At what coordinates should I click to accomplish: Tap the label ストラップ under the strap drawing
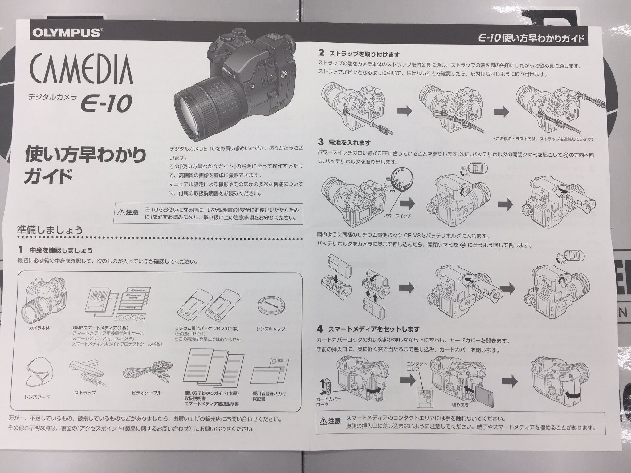tap(85, 393)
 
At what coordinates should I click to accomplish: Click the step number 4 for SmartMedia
tap(320, 329)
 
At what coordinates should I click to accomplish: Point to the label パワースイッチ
tap(397, 216)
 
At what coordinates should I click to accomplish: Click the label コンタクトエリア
tap(417, 367)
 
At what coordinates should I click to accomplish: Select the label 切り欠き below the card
tap(460, 405)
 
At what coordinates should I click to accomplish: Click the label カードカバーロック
tap(328, 402)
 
